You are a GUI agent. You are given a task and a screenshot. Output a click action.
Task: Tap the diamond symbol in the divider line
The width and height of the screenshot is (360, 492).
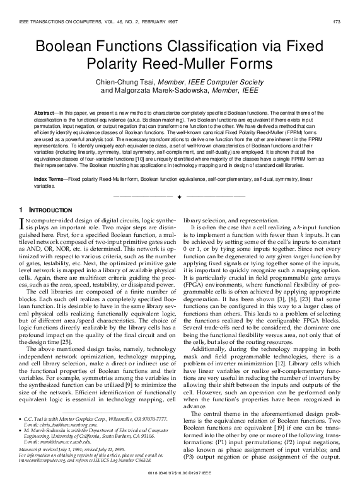coord(180,197)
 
